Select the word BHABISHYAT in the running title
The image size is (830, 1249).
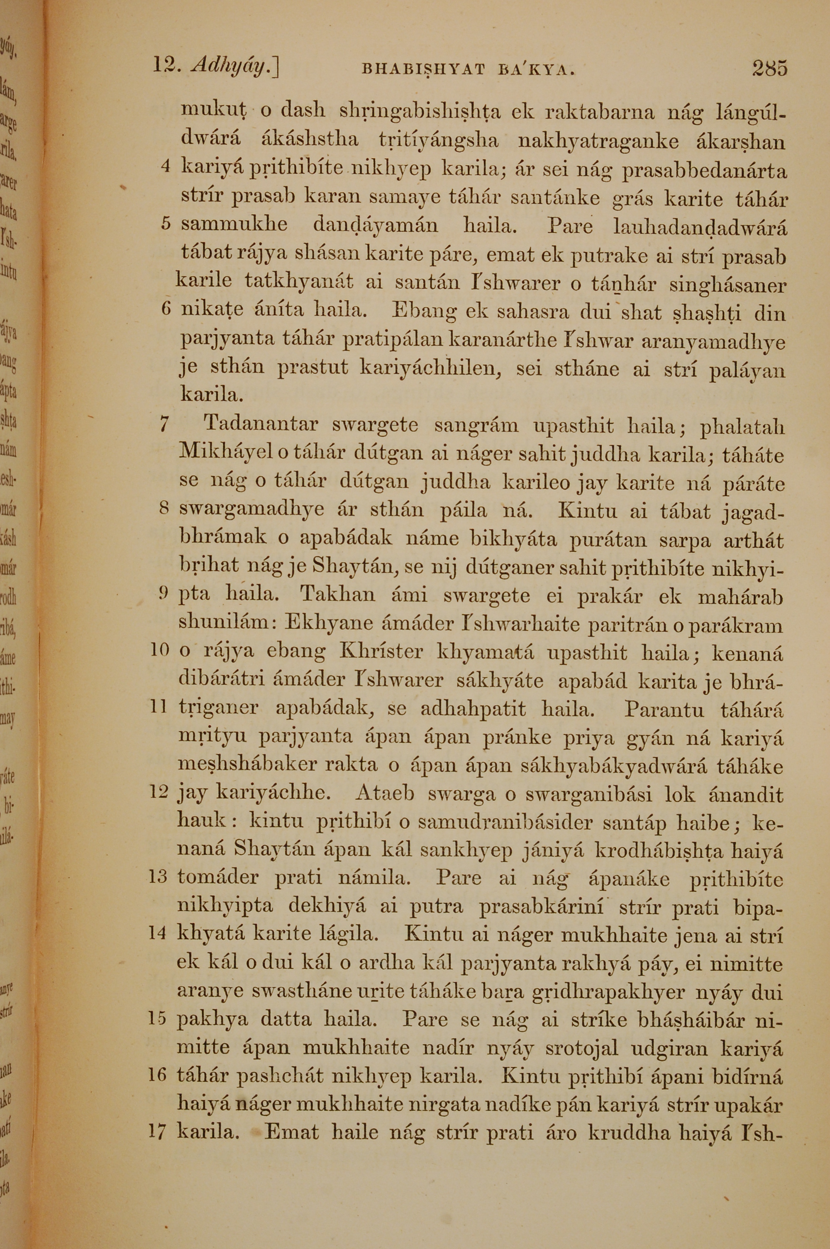[422, 69]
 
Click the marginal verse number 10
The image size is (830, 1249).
[159, 650]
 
